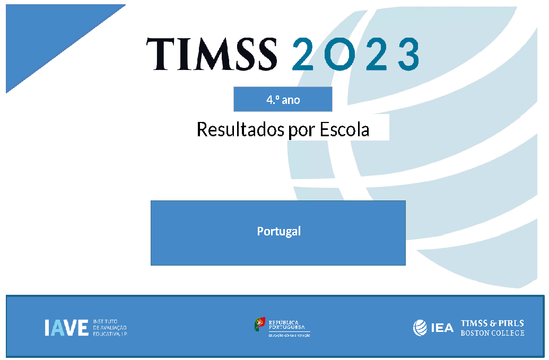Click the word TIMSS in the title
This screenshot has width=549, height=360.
tap(212, 54)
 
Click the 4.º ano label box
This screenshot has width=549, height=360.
tap(283, 99)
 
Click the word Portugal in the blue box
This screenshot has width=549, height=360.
tap(278, 232)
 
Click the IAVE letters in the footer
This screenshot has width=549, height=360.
tap(66, 328)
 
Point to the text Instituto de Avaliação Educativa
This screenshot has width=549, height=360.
tap(110, 328)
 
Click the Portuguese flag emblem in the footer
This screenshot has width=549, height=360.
tap(259, 323)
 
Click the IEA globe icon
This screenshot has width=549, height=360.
tap(420, 328)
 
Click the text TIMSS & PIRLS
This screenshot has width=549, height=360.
tap(492, 323)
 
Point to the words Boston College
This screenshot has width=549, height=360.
tap(492, 333)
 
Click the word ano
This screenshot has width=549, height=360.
tap(291, 100)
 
